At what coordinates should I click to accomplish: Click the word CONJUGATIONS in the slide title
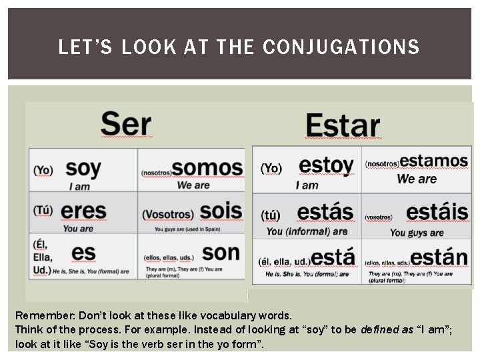341,47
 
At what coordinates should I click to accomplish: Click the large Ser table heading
126,124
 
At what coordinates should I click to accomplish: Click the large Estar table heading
343,125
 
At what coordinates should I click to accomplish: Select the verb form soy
83,167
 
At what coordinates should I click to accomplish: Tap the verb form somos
207,167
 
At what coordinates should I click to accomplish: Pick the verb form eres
83,211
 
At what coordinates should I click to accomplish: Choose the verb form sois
221,211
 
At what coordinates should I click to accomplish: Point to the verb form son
221,253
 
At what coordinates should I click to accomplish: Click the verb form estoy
326,165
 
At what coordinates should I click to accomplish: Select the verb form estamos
433,161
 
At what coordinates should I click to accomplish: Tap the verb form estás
325,212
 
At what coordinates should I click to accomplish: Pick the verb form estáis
437,212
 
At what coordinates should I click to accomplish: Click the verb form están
439,257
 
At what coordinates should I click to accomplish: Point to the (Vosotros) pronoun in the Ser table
168,215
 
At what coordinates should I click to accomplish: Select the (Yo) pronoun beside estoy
271,168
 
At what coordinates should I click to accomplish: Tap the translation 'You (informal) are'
307,231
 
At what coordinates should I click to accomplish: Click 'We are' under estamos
417,179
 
